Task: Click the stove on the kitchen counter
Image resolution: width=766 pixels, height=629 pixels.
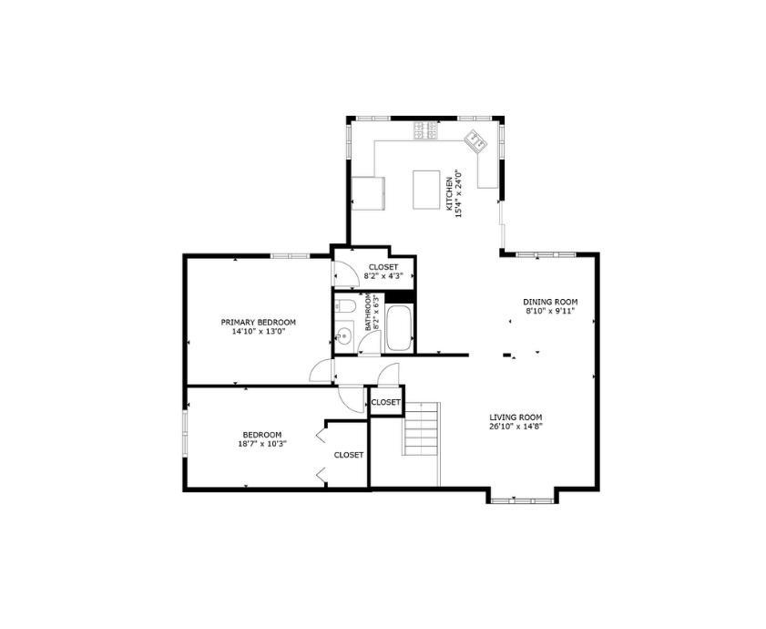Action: point(425,130)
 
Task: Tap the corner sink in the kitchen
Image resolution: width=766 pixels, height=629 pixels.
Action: point(475,139)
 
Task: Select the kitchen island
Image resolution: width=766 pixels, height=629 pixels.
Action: point(426,189)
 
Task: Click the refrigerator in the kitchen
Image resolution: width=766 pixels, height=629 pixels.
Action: point(368,191)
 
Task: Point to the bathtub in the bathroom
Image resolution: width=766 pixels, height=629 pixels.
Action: point(400,329)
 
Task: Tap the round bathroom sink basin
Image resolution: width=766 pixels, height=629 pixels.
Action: point(343,336)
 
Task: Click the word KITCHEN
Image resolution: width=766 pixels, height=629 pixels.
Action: point(449,193)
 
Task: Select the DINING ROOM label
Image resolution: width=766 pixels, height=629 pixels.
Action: point(550,302)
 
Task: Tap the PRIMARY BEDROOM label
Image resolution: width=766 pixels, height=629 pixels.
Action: point(259,322)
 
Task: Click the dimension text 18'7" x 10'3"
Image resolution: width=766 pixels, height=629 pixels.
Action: point(261,444)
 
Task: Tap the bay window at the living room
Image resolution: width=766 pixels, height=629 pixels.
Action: point(522,499)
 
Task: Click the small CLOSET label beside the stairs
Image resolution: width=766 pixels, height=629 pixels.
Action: point(385,401)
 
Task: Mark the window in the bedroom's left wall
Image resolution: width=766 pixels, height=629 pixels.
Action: point(184,432)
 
